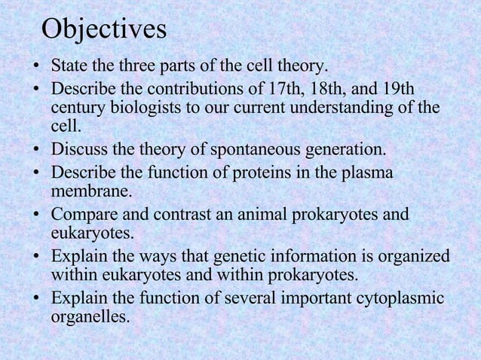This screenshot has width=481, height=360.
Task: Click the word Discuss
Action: click(77, 148)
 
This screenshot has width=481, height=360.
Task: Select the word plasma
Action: click(367, 172)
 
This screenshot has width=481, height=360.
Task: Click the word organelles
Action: click(90, 317)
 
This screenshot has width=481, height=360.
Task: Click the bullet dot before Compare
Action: click(36, 215)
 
